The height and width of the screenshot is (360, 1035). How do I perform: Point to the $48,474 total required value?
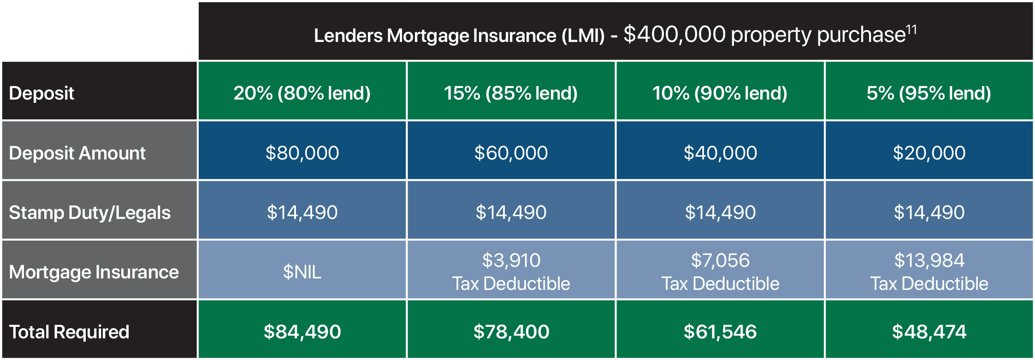[929, 332]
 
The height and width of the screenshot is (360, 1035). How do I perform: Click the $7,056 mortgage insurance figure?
[720, 260]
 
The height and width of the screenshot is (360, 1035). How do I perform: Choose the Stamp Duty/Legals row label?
[90, 212]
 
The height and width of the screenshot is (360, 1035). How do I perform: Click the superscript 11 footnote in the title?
[911, 30]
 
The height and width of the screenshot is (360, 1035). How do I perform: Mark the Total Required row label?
[69, 332]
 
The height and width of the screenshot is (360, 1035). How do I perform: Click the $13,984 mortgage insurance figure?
[929, 260]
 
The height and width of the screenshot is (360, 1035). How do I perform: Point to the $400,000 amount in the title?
[674, 35]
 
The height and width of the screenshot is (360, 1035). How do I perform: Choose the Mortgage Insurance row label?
[94, 272]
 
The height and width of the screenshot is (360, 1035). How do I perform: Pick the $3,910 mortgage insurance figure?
[511, 260]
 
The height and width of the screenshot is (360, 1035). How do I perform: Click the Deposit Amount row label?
[77, 153]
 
